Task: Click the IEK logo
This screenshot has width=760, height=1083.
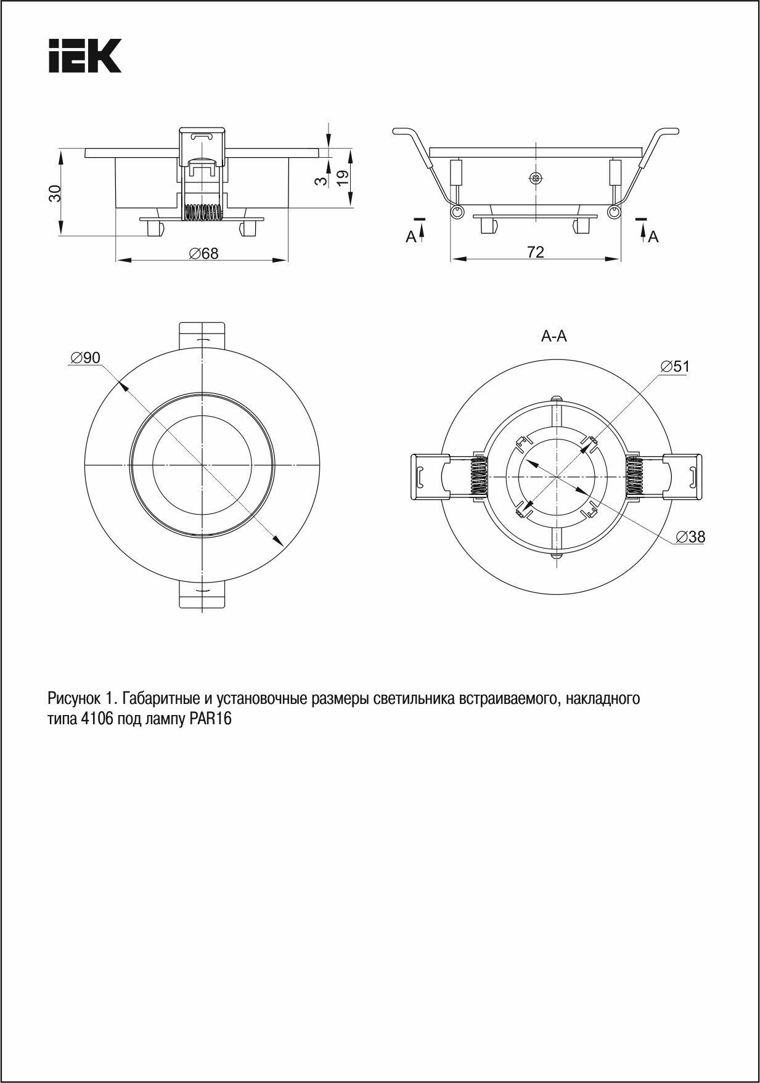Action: [x=85, y=56]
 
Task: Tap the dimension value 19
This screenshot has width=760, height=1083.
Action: [x=343, y=177]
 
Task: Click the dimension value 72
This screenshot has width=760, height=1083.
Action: [x=535, y=251]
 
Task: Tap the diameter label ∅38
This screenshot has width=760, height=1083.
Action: [x=690, y=537]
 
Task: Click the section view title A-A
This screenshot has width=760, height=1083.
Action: [x=554, y=336]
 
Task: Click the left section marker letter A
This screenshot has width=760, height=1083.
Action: [x=411, y=237]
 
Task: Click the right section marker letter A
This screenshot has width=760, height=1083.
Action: [x=653, y=237]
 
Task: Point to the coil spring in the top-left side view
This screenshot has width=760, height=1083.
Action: [x=203, y=212]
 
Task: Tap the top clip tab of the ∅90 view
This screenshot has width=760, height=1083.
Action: [x=202, y=334]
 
